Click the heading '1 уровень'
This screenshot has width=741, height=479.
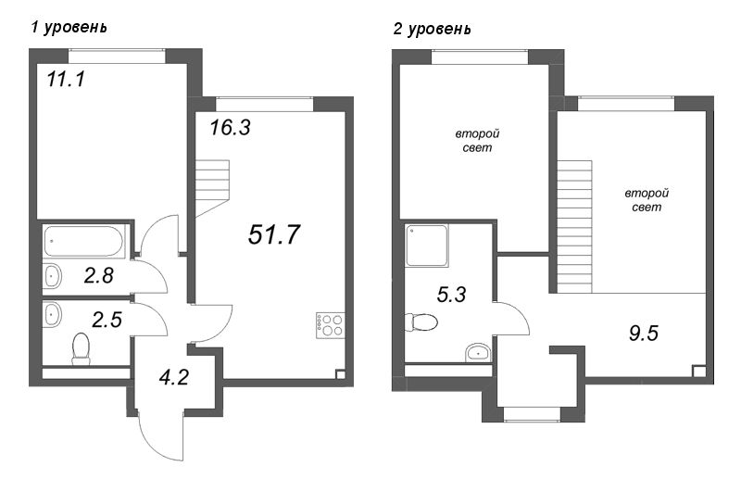(69, 27)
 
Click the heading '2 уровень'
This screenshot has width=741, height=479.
(432, 29)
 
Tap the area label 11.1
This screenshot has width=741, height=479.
(66, 81)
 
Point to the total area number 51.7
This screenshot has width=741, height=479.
(274, 234)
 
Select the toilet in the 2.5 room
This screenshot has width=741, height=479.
(81, 348)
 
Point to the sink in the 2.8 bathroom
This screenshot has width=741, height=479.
(53, 275)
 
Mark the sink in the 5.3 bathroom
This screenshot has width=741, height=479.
(479, 350)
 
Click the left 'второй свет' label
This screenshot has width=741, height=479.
(472, 141)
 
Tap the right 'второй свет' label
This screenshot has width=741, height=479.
(647, 200)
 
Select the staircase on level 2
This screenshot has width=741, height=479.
(574, 222)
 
